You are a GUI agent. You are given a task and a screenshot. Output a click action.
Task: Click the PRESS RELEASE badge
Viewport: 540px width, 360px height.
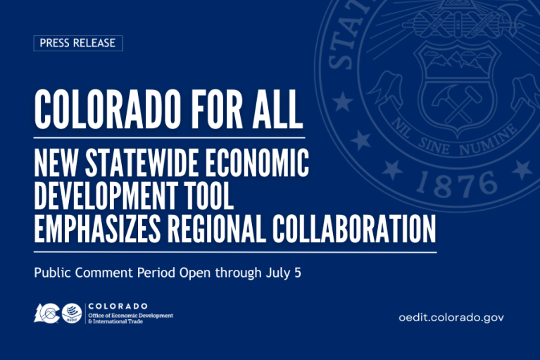78,43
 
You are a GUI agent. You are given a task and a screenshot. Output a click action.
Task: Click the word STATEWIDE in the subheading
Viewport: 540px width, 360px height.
147,164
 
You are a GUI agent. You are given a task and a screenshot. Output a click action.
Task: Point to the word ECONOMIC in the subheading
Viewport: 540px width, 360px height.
260,164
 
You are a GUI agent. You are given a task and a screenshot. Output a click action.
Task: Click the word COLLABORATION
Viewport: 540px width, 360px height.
363,228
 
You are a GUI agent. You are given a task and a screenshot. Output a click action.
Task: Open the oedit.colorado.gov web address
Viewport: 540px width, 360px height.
451,318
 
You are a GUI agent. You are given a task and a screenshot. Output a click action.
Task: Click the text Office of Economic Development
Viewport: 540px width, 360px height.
130,315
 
